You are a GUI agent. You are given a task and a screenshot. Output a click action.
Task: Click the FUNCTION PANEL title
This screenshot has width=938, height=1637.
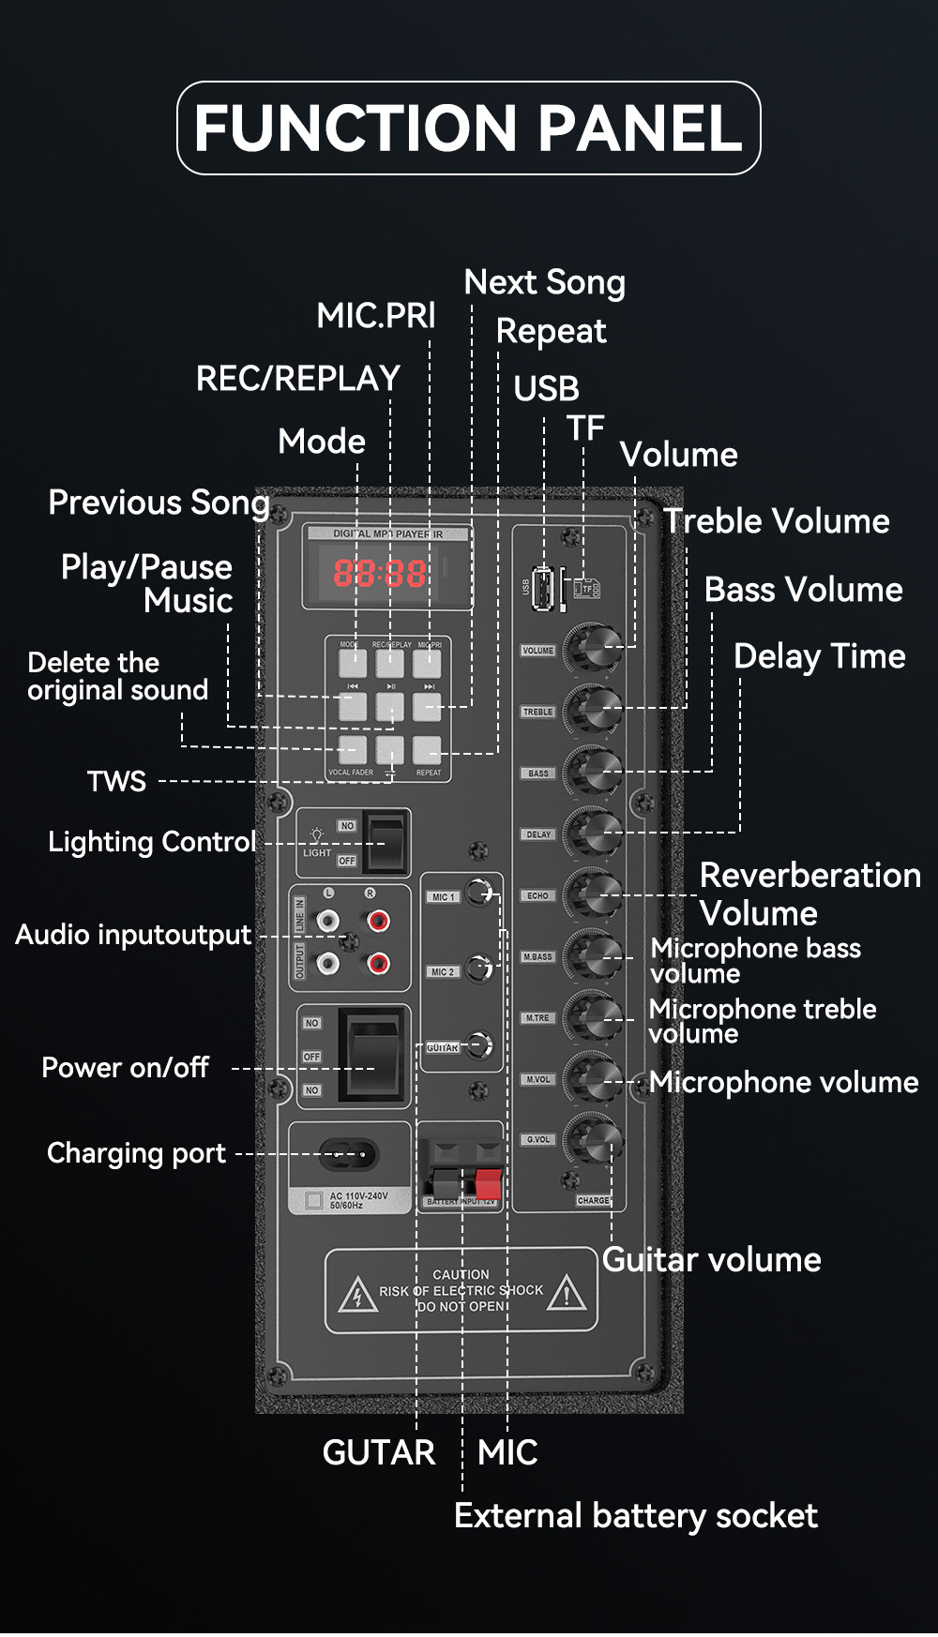point(468,128)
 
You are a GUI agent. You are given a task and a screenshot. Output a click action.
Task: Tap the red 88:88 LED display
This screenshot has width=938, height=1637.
point(380,573)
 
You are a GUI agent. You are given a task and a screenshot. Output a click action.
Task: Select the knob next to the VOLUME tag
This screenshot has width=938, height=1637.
point(593,647)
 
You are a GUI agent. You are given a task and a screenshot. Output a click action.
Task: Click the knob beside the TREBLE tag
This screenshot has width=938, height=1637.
point(594,709)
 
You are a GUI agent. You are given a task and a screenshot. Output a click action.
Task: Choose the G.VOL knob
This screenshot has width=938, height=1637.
point(594,1138)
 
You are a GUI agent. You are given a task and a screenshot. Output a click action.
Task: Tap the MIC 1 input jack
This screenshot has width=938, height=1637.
point(480,893)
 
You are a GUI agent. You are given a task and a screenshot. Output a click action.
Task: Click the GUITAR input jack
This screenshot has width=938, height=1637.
point(480,1044)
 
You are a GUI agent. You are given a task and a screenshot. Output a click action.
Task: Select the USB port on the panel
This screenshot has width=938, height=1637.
point(542,587)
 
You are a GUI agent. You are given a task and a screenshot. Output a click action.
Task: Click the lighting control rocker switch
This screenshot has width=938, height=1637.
point(386,842)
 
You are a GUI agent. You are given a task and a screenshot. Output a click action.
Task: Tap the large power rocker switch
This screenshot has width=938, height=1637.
point(373,1055)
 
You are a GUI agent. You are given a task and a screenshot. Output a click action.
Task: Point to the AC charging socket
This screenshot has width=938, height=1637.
point(349,1154)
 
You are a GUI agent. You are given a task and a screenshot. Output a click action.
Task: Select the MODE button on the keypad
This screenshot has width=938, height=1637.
point(353,663)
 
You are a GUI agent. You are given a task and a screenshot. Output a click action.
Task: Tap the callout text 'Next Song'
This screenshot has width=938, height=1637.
point(544,282)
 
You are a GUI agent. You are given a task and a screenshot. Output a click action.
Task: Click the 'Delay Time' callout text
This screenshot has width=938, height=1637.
point(819,656)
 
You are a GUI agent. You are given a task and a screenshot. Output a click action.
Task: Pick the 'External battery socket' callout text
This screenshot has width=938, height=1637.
point(635,1516)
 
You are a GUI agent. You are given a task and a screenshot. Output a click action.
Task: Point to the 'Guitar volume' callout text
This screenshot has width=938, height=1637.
point(711,1260)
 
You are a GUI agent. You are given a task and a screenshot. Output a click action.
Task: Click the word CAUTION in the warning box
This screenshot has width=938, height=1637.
point(461,1274)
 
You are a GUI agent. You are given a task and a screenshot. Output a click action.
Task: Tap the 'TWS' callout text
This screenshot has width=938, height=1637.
point(116,781)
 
